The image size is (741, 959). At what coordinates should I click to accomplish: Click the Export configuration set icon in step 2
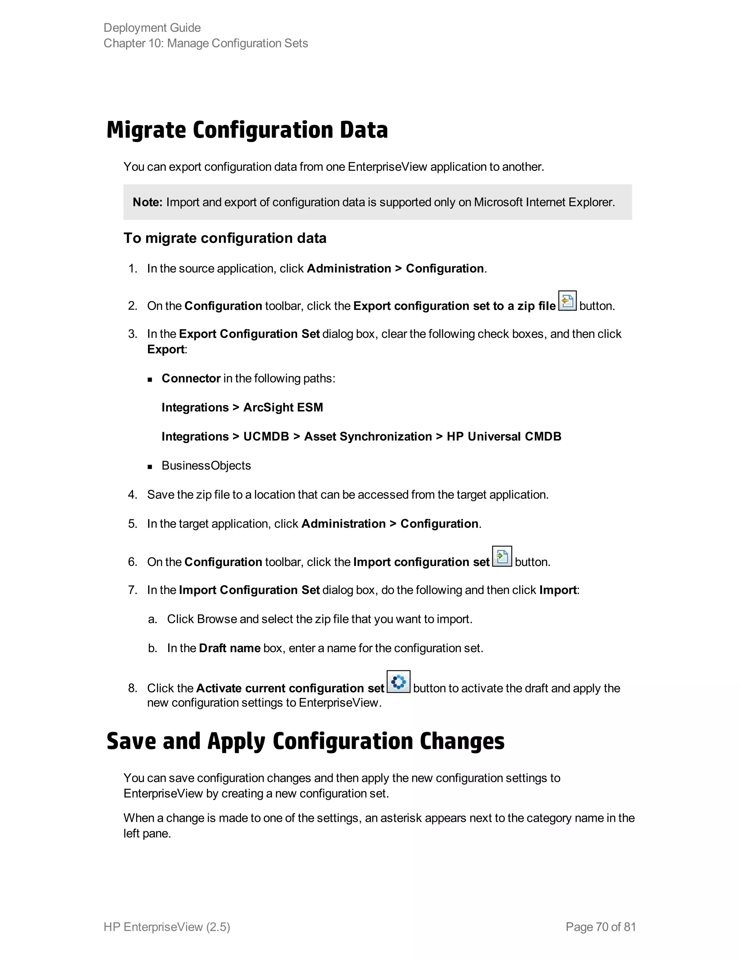pos(567,301)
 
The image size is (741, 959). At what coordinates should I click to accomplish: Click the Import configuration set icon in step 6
pos(502,557)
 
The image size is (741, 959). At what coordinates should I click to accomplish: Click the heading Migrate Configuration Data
pos(247,130)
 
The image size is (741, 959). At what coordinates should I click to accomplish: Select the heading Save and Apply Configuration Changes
pos(305,741)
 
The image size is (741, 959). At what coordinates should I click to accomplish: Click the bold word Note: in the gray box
pos(148,202)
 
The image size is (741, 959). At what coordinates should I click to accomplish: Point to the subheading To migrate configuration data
pos(225,238)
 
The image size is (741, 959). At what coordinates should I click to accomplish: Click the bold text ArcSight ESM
pos(283,407)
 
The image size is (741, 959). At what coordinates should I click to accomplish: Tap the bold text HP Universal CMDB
pos(504,436)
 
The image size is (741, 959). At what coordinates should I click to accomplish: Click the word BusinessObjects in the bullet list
pos(206,465)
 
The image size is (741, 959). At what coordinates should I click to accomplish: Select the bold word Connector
pos(191,379)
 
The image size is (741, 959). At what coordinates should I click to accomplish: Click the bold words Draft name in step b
pos(230,648)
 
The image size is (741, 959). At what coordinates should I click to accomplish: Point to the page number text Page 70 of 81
pos(601,926)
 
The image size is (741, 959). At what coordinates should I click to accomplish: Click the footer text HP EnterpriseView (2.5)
pos(167,926)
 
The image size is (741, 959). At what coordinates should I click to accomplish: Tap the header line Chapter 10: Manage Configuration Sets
pos(206,43)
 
